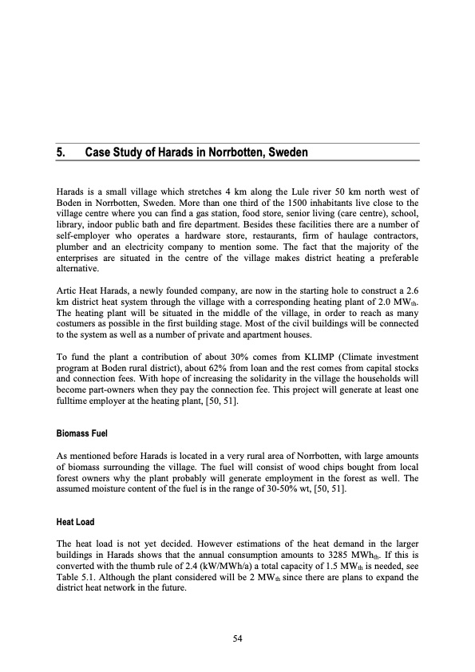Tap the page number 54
click(x=237, y=638)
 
